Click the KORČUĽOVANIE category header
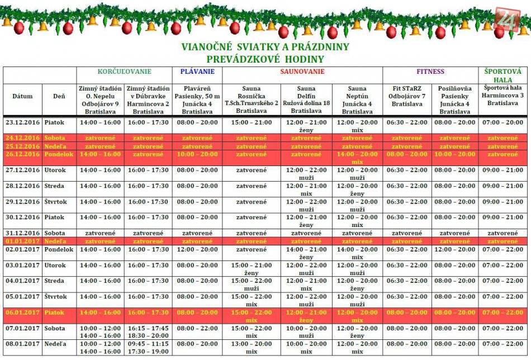(124, 72)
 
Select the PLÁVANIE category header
(197, 72)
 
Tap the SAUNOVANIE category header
(302, 72)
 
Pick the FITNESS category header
(430, 72)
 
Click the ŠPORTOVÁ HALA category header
(502, 75)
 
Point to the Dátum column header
(22, 96)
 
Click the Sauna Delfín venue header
(306, 100)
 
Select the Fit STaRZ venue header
(407, 100)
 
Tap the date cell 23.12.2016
(22, 122)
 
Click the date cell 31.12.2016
(22, 233)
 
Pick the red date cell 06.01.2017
(22, 312)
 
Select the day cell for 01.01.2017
(59, 241)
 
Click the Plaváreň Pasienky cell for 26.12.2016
(197, 154)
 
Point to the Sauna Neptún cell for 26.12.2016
(357, 158)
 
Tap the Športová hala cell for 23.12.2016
(502, 122)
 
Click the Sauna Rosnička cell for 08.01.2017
(251, 348)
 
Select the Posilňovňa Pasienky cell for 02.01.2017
(454, 250)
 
